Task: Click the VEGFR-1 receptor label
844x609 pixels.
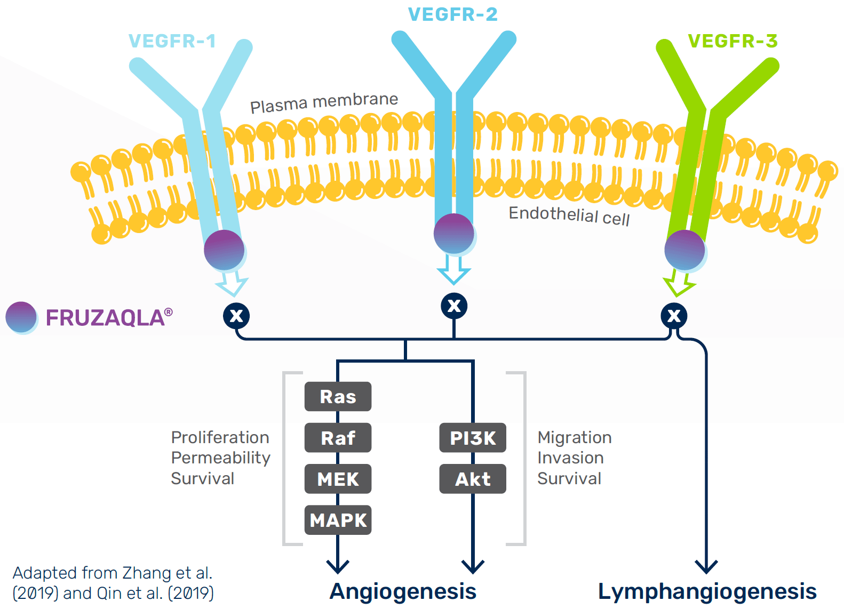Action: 172,41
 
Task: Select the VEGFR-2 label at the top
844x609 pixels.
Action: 452,14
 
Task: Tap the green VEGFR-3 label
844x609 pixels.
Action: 732,41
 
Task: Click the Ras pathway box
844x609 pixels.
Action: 338,397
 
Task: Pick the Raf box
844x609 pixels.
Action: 338,438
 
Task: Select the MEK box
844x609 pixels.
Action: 338,479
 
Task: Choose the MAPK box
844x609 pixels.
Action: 338,520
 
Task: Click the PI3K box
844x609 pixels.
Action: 473,438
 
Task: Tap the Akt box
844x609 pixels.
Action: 473,479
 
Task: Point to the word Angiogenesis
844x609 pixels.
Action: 403,591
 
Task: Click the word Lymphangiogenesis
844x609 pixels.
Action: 707,591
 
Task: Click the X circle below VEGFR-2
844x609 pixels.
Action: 454,306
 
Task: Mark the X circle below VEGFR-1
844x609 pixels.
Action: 236,316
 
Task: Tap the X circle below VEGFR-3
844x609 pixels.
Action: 674,316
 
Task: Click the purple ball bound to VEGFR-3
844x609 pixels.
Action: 684,250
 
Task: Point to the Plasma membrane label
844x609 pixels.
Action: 324,102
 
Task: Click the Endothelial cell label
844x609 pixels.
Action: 569,215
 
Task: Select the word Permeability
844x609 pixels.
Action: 220,458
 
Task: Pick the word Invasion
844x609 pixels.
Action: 570,458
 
